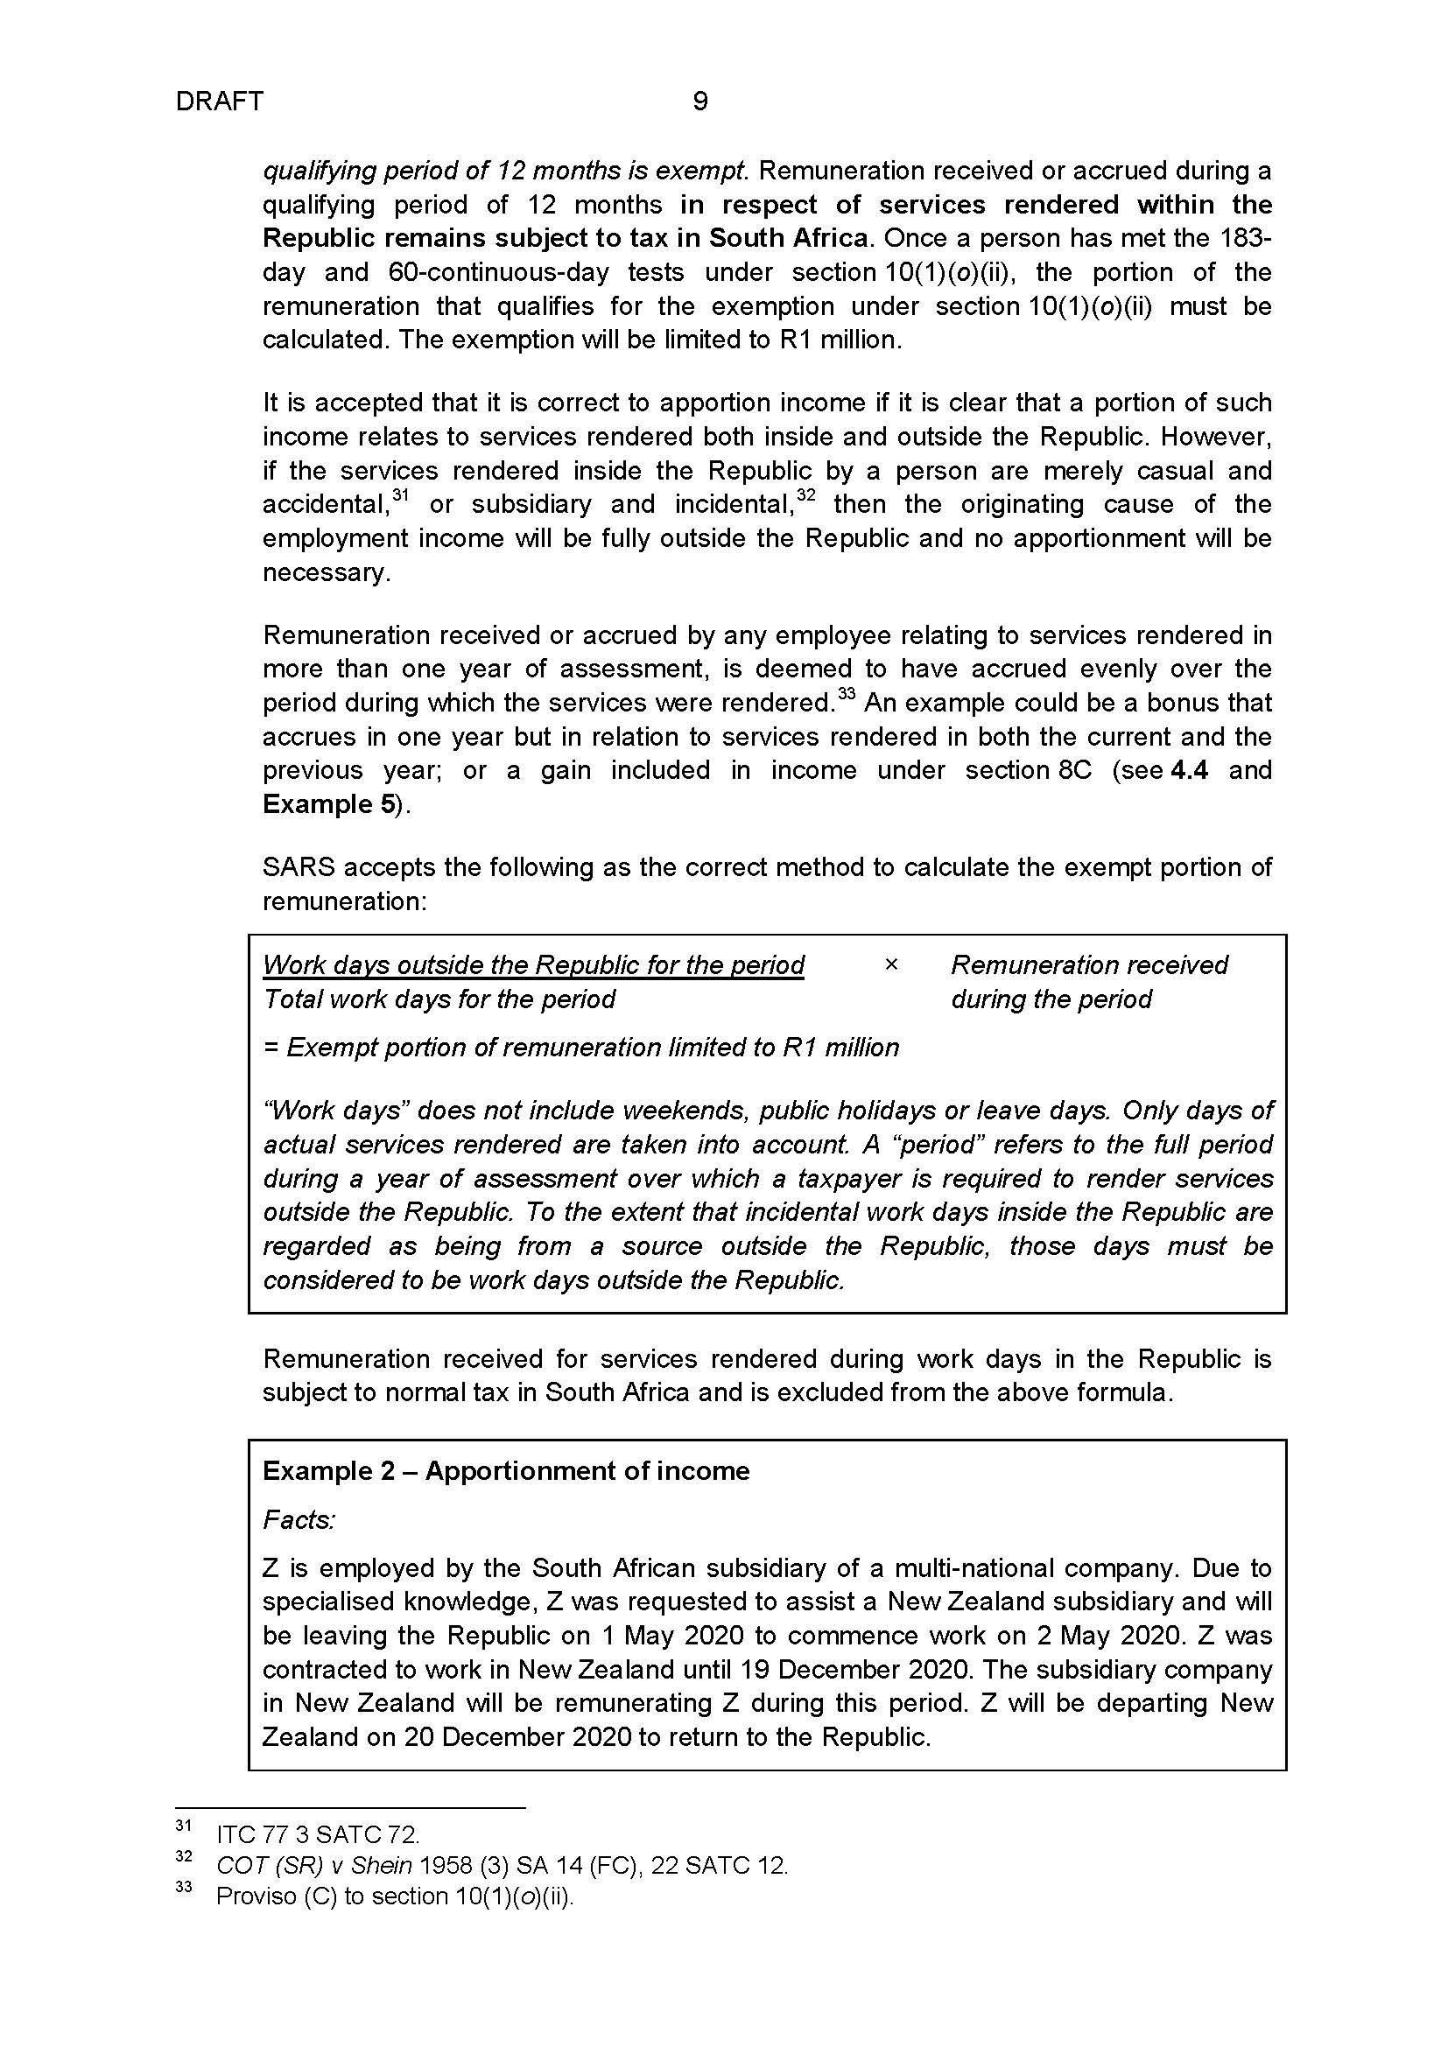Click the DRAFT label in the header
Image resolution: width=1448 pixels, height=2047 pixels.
220,102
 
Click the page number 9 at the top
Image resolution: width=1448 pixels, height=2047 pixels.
700,102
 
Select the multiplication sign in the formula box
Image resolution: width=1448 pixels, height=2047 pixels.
889,964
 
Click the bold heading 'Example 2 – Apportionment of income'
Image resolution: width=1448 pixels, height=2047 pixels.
505,1470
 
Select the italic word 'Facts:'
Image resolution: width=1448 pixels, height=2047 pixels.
298,1519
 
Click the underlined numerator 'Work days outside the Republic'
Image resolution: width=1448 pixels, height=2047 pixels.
533,964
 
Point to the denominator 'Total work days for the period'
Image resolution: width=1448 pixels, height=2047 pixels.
439,999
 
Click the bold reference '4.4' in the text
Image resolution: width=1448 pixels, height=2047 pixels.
1189,769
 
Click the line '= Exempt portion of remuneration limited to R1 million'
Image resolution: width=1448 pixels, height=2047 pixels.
581,1047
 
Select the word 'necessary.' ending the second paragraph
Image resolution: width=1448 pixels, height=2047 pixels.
327,571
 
